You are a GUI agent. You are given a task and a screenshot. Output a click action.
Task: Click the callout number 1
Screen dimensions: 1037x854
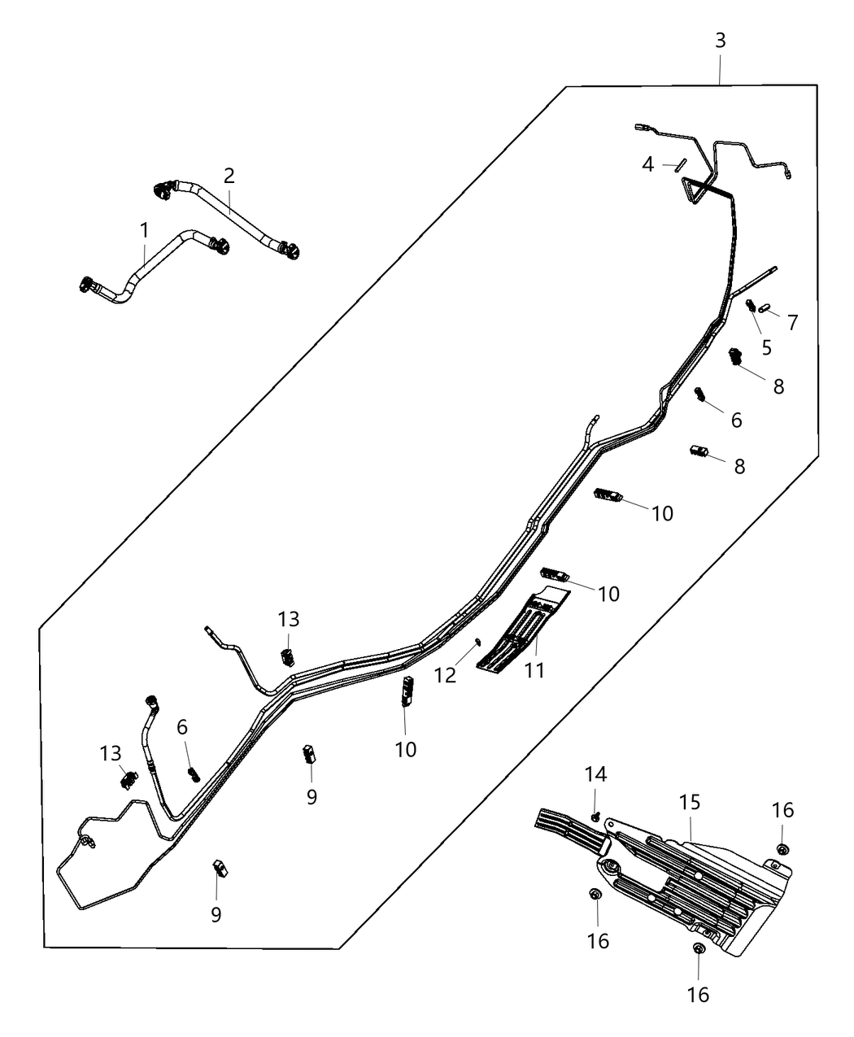click(145, 230)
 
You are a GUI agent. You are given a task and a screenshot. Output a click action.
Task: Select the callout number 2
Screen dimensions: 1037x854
click(229, 175)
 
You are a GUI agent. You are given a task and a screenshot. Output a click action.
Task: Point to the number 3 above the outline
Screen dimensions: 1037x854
click(720, 41)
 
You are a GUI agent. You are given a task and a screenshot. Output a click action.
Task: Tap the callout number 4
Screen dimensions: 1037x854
click(647, 165)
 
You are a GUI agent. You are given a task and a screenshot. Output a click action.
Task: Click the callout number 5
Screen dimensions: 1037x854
click(766, 347)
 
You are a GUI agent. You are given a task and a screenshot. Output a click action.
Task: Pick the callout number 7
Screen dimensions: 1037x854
click(792, 322)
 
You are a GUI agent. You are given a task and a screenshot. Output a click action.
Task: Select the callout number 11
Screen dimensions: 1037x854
click(534, 670)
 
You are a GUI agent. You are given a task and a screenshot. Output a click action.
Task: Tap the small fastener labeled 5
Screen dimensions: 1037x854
click(751, 306)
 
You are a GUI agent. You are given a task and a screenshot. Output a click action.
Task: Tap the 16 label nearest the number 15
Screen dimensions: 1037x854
click(782, 810)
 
